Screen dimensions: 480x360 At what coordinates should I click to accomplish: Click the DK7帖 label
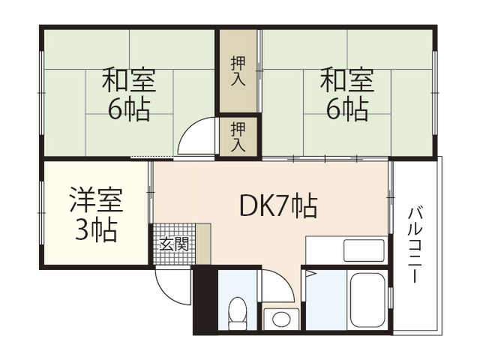tap(278, 205)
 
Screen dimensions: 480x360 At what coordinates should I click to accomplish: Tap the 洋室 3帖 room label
tap(96, 214)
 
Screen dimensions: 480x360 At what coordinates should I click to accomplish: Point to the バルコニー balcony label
tap(415, 245)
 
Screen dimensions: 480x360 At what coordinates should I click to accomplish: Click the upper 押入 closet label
tap(238, 70)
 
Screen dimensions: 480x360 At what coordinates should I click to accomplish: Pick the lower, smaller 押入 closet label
tap(238, 136)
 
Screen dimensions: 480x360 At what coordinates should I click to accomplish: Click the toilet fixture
tap(238, 313)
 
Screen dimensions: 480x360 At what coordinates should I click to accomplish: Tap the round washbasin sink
tap(281, 319)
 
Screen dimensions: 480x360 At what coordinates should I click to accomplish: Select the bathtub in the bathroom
tap(368, 300)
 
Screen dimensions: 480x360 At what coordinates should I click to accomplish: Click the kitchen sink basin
tap(364, 250)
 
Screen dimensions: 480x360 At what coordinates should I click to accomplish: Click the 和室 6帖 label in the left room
tap(129, 94)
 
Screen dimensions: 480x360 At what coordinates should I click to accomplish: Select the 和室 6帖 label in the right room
tap(347, 94)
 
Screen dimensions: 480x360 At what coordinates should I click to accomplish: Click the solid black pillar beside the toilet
tap(205, 301)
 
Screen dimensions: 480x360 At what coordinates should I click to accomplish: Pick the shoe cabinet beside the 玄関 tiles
tap(203, 244)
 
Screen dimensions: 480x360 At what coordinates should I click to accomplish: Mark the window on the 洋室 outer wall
tap(41, 213)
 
